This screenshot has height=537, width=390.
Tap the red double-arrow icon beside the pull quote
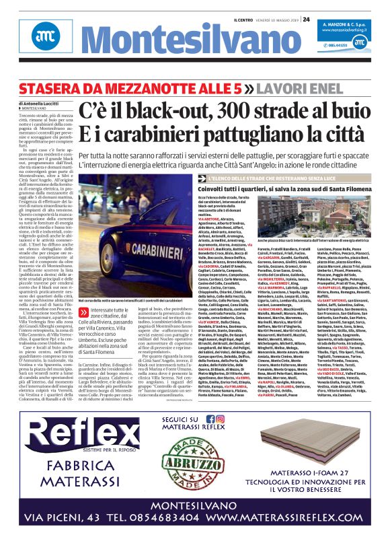point(83,330)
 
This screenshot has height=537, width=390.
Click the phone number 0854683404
point(156,517)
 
